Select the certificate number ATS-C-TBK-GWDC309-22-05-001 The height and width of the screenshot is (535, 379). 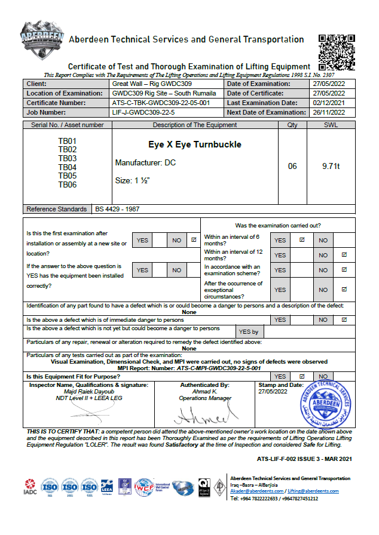point(161,103)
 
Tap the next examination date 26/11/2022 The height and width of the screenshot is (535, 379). point(329,112)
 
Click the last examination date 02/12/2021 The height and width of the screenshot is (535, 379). point(329,103)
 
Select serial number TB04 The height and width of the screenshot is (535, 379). point(68,168)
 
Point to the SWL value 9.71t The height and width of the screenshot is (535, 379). point(331,167)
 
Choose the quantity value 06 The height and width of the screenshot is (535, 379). point(292,167)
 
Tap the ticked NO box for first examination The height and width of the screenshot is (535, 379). point(193,240)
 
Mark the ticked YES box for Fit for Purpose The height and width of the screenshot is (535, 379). point(301,377)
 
